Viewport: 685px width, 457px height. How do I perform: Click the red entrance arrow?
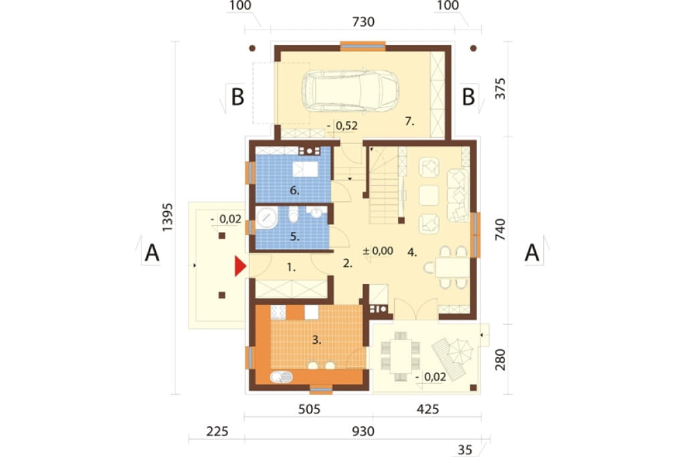click(x=240, y=266)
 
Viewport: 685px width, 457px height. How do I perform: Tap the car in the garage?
click(x=350, y=92)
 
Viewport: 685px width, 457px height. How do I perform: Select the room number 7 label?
click(x=409, y=121)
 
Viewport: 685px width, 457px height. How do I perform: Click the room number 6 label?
click(x=294, y=190)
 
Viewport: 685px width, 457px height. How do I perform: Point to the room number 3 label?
click(x=316, y=340)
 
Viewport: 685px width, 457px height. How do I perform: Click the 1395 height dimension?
click(x=167, y=217)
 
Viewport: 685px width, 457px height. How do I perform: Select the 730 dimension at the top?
click(x=363, y=21)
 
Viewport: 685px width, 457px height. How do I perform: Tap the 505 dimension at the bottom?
click(x=309, y=409)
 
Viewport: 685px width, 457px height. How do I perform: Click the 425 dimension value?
click(x=427, y=409)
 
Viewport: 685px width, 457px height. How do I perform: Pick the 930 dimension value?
click(x=363, y=431)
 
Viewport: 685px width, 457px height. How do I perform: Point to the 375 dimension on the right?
click(x=500, y=88)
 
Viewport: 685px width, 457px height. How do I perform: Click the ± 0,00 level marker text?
click(x=378, y=251)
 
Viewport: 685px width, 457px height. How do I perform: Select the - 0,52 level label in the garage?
click(x=342, y=126)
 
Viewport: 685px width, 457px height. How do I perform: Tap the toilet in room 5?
click(x=293, y=214)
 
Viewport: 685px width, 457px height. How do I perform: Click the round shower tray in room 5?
click(x=266, y=218)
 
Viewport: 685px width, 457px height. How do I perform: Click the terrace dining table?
click(x=401, y=355)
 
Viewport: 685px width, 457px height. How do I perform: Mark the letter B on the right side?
click(x=468, y=97)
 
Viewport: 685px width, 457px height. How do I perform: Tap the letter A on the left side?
click(x=152, y=253)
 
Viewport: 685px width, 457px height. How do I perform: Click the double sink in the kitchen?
click(x=282, y=377)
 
